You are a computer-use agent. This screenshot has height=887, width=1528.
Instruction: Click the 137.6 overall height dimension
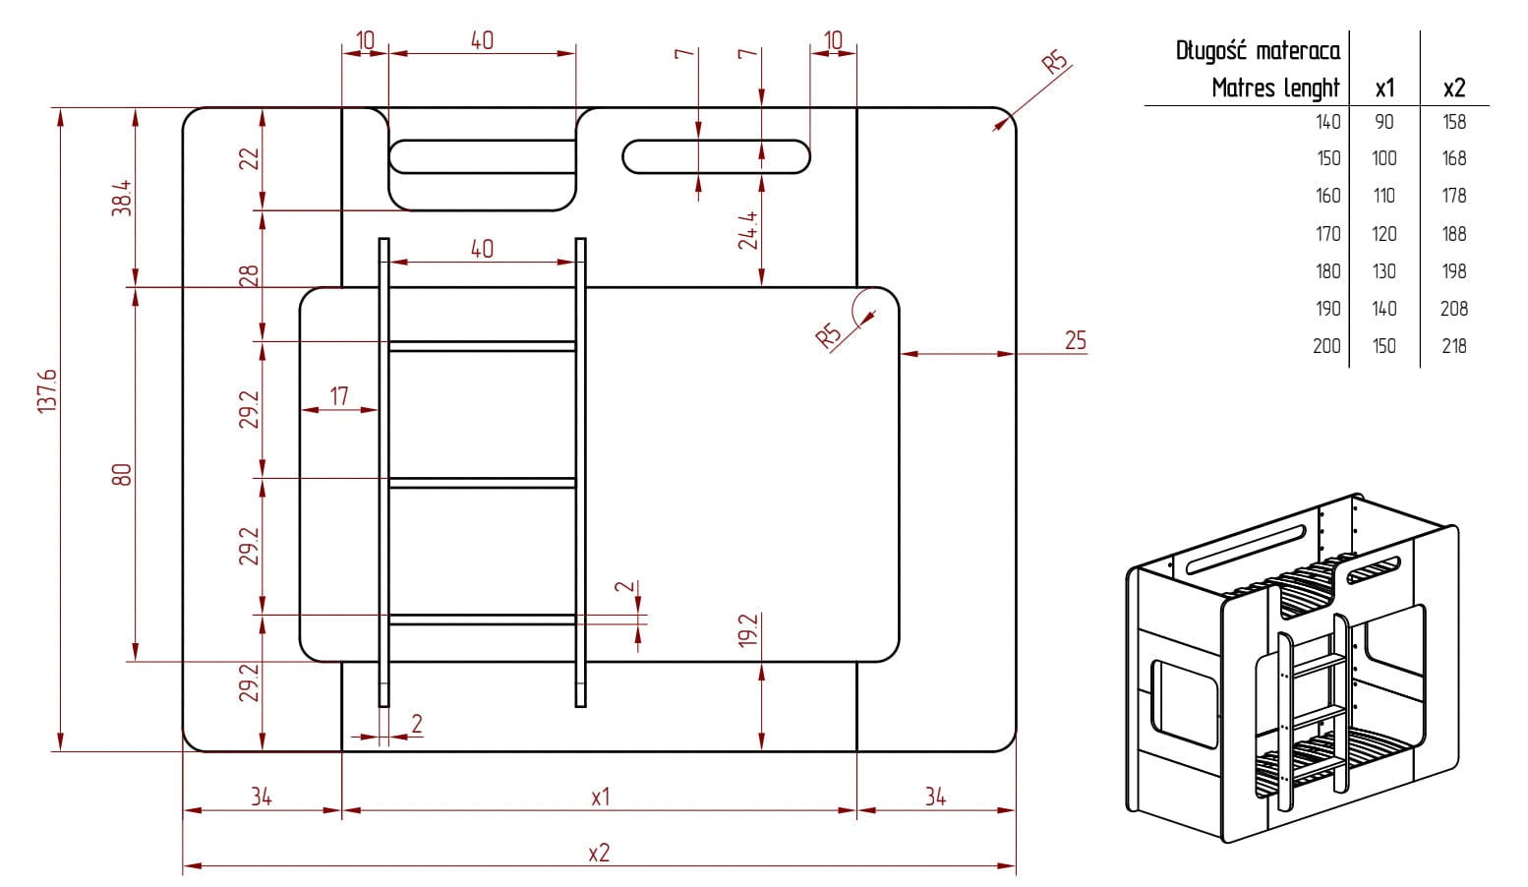pos(47,391)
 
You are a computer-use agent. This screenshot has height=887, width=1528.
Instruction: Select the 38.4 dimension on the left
pos(121,198)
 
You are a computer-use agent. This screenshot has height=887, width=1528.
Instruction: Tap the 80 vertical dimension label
pos(121,475)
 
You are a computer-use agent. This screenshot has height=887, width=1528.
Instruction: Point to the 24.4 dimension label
pos(748,229)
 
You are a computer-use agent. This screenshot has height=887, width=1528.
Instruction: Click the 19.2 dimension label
pos(748,629)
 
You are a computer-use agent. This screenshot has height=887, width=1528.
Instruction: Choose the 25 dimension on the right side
pos(1076,340)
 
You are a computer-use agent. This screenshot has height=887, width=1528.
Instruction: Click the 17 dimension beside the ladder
pos(339,396)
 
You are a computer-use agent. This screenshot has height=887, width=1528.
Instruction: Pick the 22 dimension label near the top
pos(250,157)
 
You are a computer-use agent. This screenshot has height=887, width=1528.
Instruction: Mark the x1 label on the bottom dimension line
pos(600,797)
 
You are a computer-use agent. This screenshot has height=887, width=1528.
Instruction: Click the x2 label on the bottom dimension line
pos(599,853)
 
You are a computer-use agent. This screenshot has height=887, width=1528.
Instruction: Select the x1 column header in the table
pos(1384,89)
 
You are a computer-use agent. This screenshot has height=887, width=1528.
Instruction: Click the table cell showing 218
pos(1453,346)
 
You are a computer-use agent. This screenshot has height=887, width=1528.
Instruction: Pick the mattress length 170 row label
pos(1327,234)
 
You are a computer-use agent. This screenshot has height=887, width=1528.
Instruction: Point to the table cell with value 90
pos(1384,122)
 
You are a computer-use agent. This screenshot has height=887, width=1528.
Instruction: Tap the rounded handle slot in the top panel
pos(716,156)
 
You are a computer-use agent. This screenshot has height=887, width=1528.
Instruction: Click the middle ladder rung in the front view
pos(482,483)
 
